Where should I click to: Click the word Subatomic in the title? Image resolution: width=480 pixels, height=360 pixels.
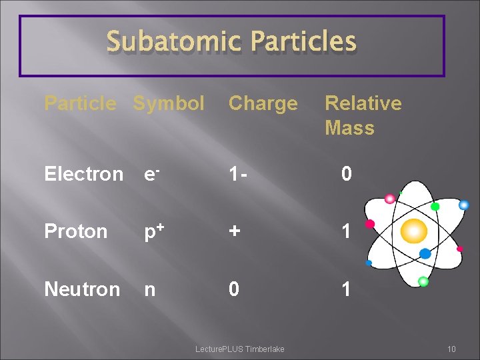(175, 41)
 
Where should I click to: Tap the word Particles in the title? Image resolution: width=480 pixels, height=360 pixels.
(303, 41)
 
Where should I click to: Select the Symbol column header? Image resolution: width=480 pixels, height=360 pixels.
(169, 103)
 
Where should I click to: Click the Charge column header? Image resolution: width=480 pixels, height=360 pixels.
(263, 103)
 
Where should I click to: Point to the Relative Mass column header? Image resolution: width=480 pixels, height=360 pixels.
(363, 115)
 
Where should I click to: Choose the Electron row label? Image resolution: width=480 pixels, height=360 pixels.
(83, 174)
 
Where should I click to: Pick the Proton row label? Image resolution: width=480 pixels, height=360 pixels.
(75, 231)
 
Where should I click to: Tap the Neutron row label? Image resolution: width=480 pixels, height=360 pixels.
(82, 289)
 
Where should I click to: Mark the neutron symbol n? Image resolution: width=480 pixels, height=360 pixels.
(150, 290)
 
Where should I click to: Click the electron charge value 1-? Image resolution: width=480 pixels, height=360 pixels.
(239, 174)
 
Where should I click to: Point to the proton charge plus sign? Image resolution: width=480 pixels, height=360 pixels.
(234, 231)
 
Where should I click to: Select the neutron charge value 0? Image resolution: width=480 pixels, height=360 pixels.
(234, 289)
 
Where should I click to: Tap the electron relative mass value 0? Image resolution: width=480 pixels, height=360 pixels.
(346, 174)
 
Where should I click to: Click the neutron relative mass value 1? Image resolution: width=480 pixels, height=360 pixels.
(346, 289)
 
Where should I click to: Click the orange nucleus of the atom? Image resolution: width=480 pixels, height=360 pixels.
(413, 231)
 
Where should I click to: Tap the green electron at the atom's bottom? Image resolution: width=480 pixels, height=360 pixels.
(423, 281)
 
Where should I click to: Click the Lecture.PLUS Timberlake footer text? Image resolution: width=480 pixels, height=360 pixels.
(239, 349)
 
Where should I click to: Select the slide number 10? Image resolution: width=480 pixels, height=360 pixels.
(451, 349)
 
